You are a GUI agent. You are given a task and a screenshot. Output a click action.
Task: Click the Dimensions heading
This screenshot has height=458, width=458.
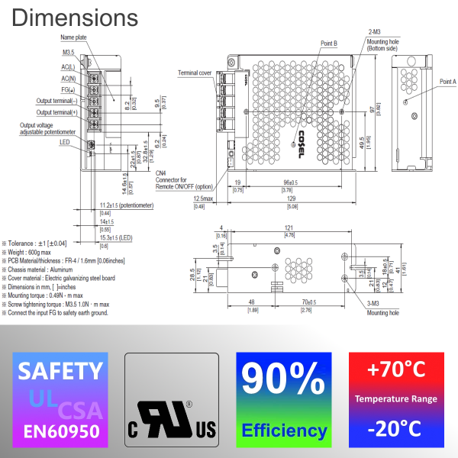(76, 16)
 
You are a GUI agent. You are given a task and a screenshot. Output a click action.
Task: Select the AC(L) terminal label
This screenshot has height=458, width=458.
(68, 66)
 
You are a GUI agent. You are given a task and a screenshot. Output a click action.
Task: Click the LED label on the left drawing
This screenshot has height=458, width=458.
(65, 141)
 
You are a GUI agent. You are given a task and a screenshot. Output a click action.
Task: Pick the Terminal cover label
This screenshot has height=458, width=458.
(195, 73)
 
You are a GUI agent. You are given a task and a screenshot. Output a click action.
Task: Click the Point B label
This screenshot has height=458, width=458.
(329, 44)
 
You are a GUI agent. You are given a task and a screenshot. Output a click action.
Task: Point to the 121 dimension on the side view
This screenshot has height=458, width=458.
(289, 227)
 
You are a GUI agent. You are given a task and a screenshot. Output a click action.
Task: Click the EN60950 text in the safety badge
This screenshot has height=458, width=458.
(60, 431)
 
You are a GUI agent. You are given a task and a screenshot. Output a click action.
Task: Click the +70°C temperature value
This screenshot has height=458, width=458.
(396, 370)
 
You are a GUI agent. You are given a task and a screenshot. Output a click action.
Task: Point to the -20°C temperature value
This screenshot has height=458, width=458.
(396, 429)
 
